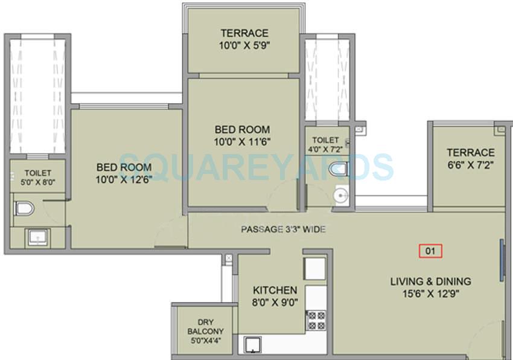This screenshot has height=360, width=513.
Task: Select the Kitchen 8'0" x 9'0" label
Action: click(275, 297)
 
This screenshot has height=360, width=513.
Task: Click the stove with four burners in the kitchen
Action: click(316, 320)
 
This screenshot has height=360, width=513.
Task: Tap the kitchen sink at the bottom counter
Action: click(250, 346)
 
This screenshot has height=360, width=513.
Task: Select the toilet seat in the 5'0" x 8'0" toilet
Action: click(24, 209)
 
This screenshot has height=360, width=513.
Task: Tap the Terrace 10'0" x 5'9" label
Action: click(244, 39)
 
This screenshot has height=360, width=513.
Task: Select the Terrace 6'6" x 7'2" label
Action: click(470, 158)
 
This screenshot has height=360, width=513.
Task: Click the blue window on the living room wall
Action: click(502, 260)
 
